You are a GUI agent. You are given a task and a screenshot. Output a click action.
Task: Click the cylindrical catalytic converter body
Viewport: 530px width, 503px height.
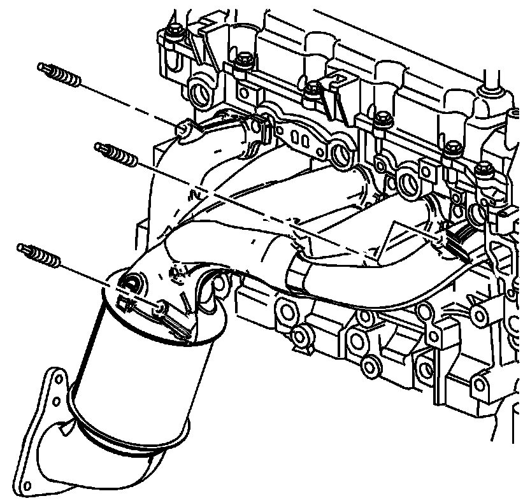pos(137,376)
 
